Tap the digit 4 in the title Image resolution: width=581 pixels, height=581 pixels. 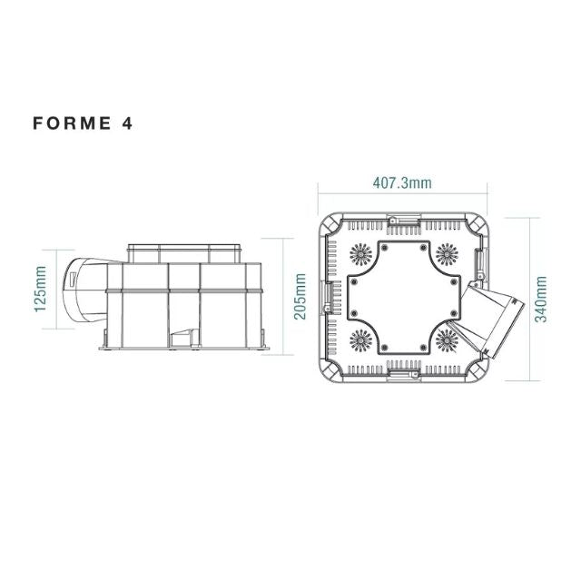pyautogui.click(x=127, y=124)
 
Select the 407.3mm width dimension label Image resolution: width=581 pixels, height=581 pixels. pyautogui.click(x=402, y=182)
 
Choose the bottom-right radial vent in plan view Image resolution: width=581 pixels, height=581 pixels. pyautogui.click(x=447, y=342)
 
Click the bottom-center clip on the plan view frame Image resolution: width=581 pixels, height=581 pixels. pyautogui.click(x=402, y=369)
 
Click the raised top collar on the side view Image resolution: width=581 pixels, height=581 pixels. pyautogui.click(x=185, y=251)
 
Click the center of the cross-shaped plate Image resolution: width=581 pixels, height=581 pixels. pyautogui.click(x=402, y=296)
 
